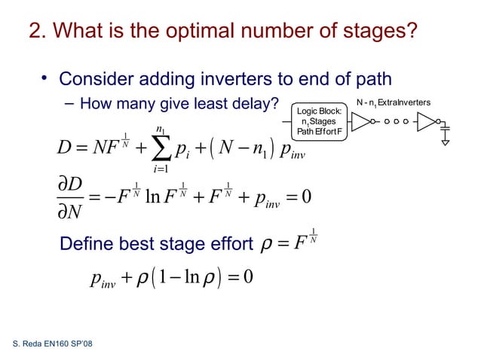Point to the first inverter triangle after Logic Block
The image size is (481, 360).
tap(360, 121)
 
